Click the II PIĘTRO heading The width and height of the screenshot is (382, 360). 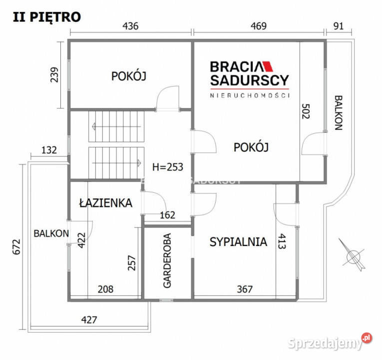coord(46,16)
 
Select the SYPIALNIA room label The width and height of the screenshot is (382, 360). coord(238,242)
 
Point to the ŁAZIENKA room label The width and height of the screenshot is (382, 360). coord(105,203)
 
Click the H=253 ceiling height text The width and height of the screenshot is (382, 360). coord(167,167)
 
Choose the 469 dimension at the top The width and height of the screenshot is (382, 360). coord(259,26)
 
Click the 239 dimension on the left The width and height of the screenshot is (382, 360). coord(55,74)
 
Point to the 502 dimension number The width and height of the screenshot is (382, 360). coord(306,111)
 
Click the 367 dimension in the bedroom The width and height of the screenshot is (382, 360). coord(245,289)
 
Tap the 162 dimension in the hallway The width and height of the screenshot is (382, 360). coord(167,215)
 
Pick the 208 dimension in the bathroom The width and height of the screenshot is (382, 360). coord(105,289)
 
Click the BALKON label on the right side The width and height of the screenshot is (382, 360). coord(339,112)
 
